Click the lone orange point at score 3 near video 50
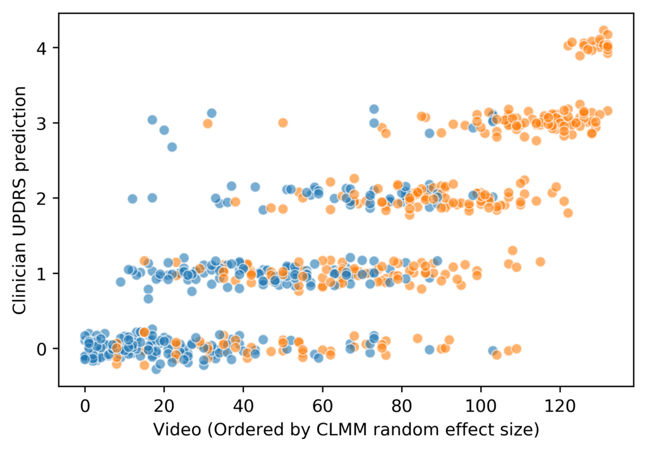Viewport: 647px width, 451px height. [283, 123]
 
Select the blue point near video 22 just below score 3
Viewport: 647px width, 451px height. [172, 147]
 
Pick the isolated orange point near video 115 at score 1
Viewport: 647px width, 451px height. [540, 262]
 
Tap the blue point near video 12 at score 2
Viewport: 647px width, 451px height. [133, 198]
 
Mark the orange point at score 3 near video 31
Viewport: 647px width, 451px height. [208, 124]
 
